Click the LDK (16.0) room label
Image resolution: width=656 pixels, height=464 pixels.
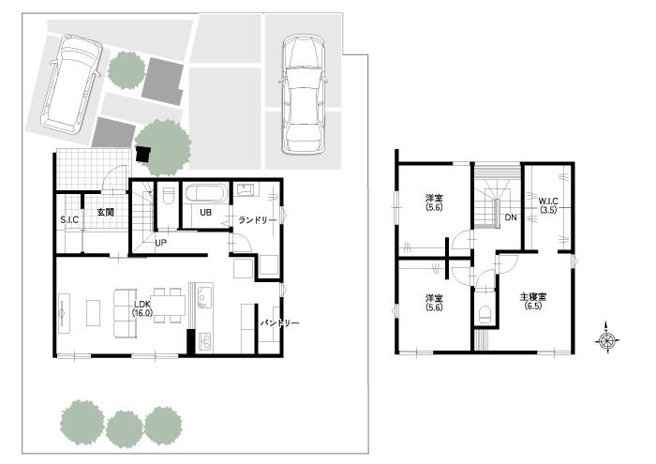(x=142, y=308)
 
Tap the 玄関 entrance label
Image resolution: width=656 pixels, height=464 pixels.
(x=105, y=212)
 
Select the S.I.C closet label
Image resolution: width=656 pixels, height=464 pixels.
(x=69, y=219)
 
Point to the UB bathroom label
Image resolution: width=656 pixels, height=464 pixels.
(x=205, y=213)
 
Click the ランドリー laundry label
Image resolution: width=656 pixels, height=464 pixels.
(x=258, y=220)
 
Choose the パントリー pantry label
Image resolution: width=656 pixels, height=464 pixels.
(x=279, y=323)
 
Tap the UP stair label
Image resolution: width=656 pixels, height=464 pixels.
(x=160, y=243)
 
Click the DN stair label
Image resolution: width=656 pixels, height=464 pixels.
(x=511, y=217)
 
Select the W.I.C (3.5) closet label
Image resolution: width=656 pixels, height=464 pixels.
(x=548, y=206)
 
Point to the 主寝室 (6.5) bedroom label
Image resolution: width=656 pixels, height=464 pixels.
(x=533, y=301)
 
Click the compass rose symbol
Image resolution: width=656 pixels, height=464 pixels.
(x=606, y=341)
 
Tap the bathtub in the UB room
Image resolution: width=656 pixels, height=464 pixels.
(x=206, y=194)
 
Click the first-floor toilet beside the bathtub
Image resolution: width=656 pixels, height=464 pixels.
(x=168, y=195)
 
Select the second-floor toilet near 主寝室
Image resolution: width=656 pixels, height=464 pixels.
(x=485, y=314)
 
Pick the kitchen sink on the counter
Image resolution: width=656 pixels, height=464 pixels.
(x=204, y=297)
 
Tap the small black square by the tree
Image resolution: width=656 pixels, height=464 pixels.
(x=143, y=155)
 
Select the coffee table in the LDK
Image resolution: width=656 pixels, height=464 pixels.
(x=94, y=313)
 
